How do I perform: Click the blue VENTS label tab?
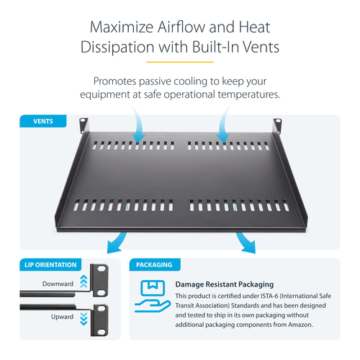point(43,121)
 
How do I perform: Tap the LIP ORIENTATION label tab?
point(50,265)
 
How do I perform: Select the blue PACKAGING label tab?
point(155,265)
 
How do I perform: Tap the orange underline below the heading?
point(180,62)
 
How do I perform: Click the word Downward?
point(58,284)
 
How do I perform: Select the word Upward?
point(62,317)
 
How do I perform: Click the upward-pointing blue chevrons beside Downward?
point(84,282)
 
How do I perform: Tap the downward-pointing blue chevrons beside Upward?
point(84,319)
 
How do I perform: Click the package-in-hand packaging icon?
point(153,296)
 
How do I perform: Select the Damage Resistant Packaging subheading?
point(225,284)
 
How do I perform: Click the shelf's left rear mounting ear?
point(84,125)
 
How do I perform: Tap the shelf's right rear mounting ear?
point(277,125)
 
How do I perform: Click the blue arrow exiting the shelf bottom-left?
point(117,243)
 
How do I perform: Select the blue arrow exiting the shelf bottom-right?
point(246,243)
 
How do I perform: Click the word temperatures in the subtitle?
point(248,94)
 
